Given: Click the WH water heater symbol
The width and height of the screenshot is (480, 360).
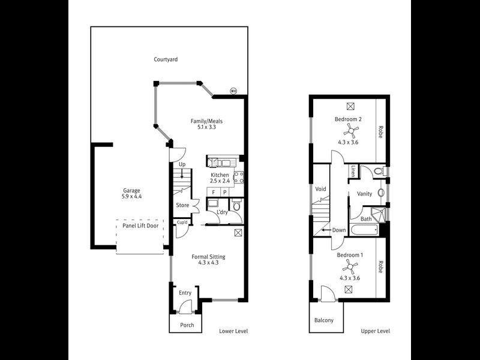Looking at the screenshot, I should click(233, 91).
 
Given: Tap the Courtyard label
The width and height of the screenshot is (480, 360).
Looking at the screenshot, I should click(166, 59).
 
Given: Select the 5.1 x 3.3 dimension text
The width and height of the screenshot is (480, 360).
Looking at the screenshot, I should click(202, 127).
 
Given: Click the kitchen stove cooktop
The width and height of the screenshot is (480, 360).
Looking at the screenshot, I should click(238, 176).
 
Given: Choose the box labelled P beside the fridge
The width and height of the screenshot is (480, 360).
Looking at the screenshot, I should click(224, 192).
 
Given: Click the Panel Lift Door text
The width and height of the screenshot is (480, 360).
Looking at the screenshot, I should click(140, 226).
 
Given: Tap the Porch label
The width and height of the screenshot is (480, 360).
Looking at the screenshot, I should click(187, 325).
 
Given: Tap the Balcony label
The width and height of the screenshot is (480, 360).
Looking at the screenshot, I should click(324, 320).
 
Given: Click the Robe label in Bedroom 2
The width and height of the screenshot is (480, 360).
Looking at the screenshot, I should click(380, 132).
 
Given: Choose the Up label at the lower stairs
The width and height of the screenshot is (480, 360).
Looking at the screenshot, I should click(182, 164).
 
